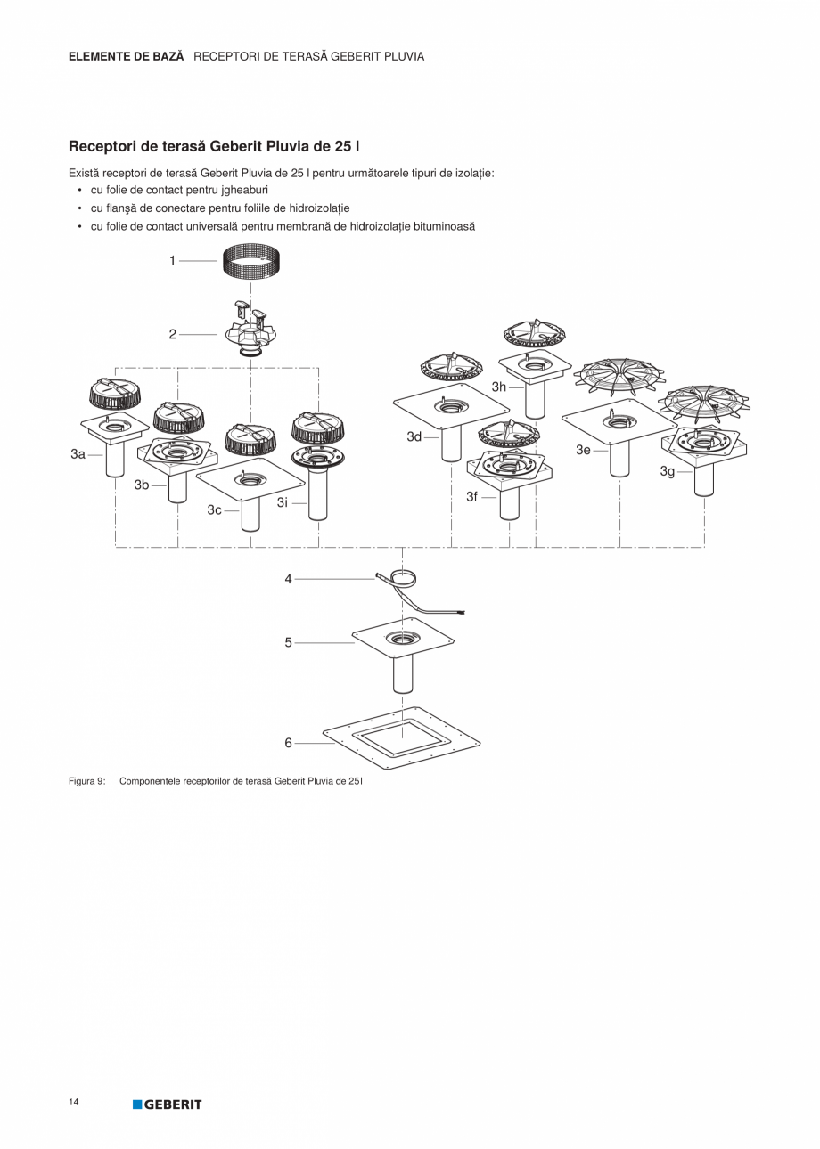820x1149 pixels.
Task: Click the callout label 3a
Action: (x=78, y=454)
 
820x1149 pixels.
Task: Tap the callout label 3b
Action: (x=142, y=485)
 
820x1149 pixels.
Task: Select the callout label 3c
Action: (x=215, y=509)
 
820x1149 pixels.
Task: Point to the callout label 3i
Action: (x=283, y=502)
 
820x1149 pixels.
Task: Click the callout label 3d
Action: (x=414, y=436)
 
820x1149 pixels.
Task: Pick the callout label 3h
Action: (x=499, y=387)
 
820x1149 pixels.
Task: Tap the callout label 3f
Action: (x=472, y=496)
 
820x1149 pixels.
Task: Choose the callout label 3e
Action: (x=583, y=450)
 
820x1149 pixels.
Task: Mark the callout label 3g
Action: (x=668, y=470)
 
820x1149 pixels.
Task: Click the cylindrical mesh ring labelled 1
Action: (x=251, y=262)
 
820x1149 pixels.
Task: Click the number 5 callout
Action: (x=288, y=642)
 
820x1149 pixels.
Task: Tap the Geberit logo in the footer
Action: (x=168, y=1104)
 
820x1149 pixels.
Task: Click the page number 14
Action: (x=74, y=1103)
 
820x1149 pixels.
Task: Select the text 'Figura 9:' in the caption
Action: (x=87, y=781)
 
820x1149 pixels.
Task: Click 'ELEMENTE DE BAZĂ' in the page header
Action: (x=126, y=56)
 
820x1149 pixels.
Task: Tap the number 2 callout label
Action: (x=173, y=334)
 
